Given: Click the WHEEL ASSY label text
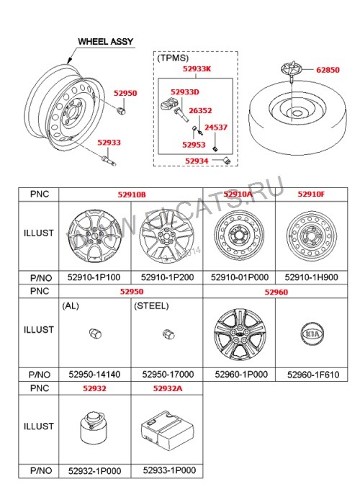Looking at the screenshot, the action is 105,41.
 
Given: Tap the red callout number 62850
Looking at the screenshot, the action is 328,70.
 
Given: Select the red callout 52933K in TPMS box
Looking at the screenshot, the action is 197,68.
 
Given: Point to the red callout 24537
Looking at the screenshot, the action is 216,128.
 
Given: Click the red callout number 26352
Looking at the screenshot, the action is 200,111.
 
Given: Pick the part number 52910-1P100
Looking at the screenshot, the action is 94,277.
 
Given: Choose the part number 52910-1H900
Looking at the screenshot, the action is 311,277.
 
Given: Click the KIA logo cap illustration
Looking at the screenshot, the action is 312,334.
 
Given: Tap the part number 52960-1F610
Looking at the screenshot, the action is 313,375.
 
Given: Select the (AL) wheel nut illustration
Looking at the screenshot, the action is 95,334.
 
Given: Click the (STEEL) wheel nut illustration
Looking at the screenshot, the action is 168,334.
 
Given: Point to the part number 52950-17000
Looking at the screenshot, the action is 168,375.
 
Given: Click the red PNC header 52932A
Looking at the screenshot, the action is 168,388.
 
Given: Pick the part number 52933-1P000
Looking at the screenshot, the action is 169,470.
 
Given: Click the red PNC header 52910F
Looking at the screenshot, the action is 311,194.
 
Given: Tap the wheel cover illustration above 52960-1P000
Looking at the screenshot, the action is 240,334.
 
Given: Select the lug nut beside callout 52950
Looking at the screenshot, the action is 121,110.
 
